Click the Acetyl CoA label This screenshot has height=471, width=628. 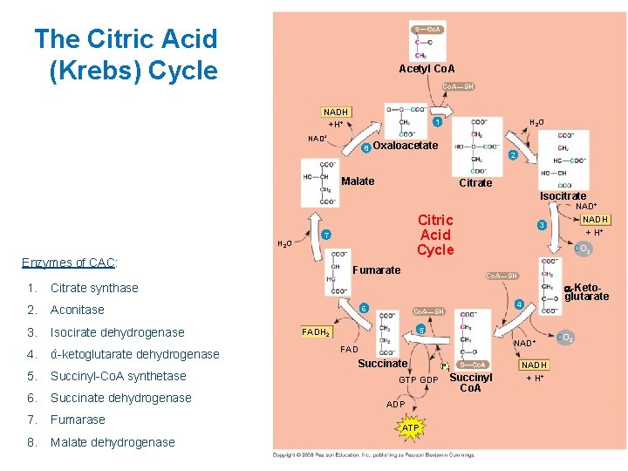click(x=427, y=69)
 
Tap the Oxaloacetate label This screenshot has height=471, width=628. click(x=405, y=146)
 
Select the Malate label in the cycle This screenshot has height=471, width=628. click(x=358, y=181)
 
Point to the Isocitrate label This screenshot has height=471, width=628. click(x=563, y=195)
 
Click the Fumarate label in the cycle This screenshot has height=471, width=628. click(x=376, y=270)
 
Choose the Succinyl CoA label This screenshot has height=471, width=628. click(x=471, y=383)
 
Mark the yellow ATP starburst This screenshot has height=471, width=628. click(x=410, y=427)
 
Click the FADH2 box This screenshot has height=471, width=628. click(x=316, y=332)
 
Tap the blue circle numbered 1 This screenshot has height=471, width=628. click(x=437, y=122)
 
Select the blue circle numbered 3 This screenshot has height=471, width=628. click(x=542, y=225)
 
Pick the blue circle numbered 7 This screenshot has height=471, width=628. click(x=325, y=235)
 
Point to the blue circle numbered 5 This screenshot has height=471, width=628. click(x=420, y=330)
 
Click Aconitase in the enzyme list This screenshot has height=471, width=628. click(x=78, y=310)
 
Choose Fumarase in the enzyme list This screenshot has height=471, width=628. click(x=78, y=420)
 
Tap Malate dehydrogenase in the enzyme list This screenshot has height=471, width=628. click(x=113, y=442)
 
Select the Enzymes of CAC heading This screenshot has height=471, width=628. click(x=70, y=263)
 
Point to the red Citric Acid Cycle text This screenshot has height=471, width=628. click(x=435, y=235)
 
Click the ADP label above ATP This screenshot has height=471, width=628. click(x=396, y=405)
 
